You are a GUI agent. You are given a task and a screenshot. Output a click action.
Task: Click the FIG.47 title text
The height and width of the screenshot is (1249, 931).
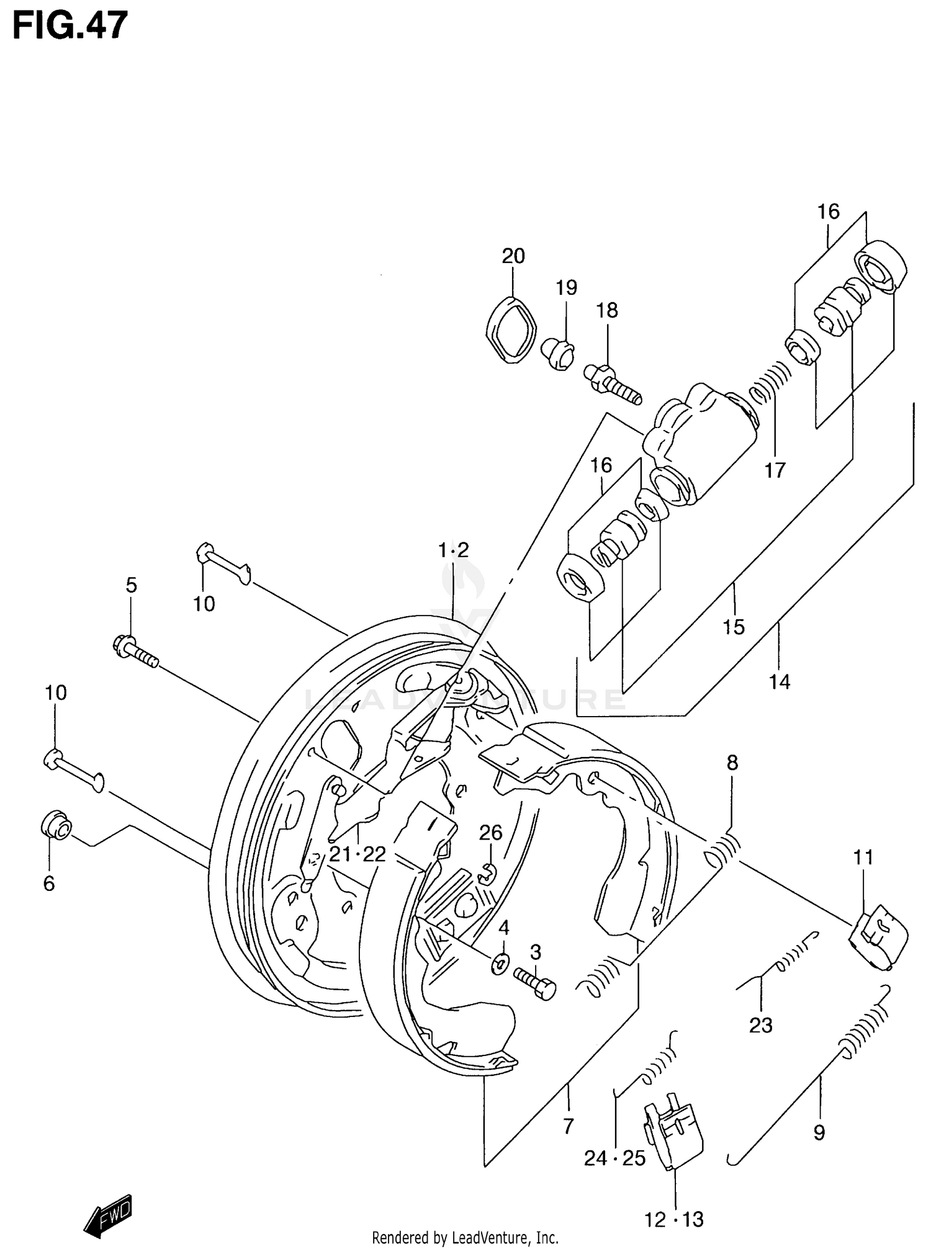[70, 26]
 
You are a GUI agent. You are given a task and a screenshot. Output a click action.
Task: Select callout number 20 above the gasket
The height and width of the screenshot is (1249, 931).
[513, 256]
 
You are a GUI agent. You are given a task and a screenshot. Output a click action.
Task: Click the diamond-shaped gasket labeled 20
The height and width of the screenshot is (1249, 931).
[510, 330]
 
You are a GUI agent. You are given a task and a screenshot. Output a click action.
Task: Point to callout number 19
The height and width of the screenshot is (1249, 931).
[566, 288]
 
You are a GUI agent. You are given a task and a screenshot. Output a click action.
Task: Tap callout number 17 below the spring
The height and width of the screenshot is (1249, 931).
[775, 470]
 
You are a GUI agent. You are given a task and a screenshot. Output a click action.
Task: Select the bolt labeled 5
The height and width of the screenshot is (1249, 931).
[135, 651]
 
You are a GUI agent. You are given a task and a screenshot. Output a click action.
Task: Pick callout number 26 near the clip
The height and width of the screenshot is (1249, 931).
[490, 833]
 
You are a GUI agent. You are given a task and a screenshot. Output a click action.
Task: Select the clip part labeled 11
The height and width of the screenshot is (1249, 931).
[878, 937]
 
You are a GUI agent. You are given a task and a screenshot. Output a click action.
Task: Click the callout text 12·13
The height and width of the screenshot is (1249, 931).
[673, 1220]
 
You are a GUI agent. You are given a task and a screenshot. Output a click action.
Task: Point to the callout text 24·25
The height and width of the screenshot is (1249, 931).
[614, 1158]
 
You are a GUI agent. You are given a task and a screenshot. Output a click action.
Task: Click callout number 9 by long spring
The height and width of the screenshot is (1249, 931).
[819, 1133]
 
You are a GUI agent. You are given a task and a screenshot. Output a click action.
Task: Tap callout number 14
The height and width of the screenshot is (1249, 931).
[780, 682]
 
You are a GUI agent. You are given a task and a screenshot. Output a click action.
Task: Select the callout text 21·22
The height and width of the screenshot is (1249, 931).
[358, 854]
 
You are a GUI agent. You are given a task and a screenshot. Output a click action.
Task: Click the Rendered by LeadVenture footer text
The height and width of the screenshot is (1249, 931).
[465, 1238]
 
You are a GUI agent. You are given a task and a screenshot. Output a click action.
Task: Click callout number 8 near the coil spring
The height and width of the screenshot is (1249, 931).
[732, 763]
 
